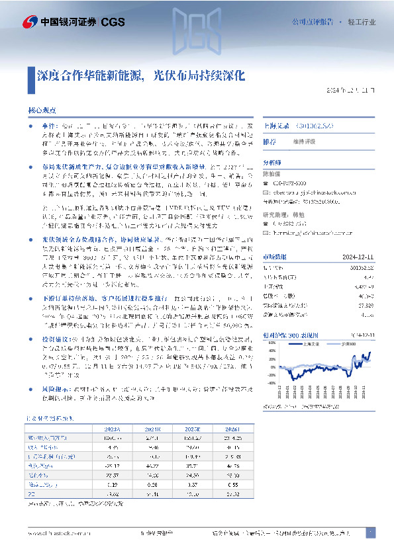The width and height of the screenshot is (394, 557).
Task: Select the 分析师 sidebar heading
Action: click(272, 161)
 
